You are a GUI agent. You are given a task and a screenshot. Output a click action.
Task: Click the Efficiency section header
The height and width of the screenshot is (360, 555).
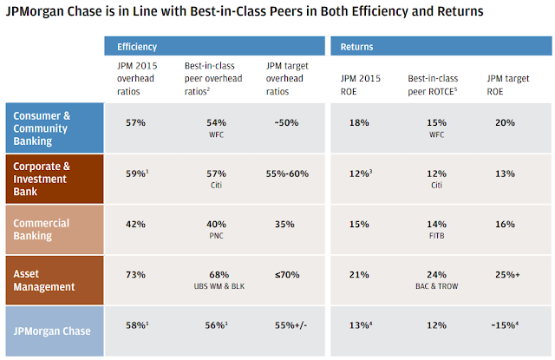(137, 47)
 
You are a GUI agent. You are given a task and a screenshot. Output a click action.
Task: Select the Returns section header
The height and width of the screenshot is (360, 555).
(356, 47)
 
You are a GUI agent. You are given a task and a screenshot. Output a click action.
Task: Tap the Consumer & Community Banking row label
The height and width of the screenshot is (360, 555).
(42, 128)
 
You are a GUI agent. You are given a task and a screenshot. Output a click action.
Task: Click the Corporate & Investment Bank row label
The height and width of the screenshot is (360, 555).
(42, 179)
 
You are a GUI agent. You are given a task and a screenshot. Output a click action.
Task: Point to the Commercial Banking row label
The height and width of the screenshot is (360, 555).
(41, 229)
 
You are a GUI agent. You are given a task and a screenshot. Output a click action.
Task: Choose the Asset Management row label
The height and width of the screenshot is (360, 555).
(44, 280)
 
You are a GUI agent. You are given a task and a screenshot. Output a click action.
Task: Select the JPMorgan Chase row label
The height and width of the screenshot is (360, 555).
(52, 331)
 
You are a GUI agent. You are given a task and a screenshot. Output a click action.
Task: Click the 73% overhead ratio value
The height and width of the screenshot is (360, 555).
(135, 275)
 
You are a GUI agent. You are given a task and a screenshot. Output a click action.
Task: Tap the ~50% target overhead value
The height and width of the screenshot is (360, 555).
(286, 123)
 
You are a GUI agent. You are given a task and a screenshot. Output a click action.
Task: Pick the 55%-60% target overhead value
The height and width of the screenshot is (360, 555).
(287, 173)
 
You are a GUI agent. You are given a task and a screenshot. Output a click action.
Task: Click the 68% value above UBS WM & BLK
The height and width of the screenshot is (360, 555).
(219, 275)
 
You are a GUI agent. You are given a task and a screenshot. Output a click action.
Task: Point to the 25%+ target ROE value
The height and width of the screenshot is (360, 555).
(507, 275)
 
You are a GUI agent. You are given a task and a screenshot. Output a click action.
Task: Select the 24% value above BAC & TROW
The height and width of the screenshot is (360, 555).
(436, 275)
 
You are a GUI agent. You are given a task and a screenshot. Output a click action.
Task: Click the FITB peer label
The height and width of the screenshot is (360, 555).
(436, 236)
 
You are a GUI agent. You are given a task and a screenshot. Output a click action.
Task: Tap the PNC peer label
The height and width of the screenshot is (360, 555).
(216, 236)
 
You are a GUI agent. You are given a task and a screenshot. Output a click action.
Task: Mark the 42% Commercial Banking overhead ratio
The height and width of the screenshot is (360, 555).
(135, 225)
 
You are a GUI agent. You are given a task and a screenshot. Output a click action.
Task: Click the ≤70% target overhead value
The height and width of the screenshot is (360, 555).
(287, 275)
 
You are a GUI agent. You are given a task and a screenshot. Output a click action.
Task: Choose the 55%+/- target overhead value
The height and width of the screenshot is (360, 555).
(291, 325)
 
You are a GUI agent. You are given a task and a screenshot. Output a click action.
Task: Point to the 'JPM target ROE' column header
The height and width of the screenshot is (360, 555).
(508, 85)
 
